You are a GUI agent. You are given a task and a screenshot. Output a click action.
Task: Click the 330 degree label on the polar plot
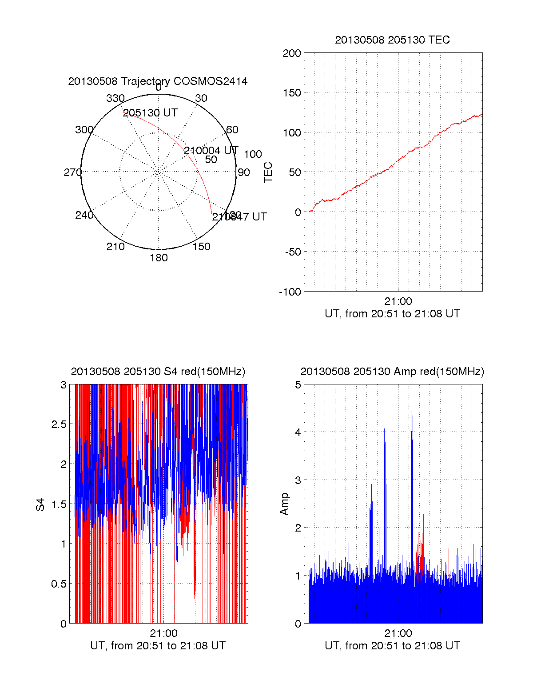point(115,98)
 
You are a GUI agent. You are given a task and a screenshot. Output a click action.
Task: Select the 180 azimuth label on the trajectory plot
point(159,258)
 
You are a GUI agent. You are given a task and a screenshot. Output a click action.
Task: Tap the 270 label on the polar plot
point(72,172)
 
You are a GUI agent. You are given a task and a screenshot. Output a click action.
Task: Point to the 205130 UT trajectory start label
point(150,113)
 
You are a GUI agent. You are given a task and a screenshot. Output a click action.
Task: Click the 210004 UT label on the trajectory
point(211,151)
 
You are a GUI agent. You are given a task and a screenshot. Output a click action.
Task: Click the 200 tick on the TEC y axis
point(292,53)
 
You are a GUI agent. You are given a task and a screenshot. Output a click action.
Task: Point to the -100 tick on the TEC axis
point(290,292)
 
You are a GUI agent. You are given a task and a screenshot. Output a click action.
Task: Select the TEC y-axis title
point(268,172)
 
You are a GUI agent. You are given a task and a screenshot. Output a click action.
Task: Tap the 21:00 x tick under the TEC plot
point(398,301)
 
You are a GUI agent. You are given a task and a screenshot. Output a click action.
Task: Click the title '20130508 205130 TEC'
point(392,40)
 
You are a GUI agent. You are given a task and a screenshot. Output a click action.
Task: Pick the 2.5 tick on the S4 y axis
point(59,424)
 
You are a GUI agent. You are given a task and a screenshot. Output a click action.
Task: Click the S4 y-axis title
point(40,504)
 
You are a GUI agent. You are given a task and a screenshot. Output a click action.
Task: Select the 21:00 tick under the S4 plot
point(163,633)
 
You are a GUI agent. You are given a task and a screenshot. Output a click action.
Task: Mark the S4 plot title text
point(158,372)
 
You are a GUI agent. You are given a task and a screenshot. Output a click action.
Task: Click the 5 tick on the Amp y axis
point(298,384)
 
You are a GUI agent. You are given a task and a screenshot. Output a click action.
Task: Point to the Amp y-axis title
point(284,504)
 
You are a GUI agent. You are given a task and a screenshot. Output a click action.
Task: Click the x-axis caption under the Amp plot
point(392,646)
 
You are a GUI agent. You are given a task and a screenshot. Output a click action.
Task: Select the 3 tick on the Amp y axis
point(298,480)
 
